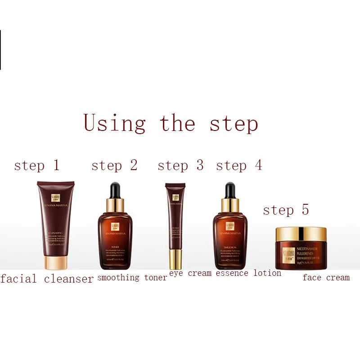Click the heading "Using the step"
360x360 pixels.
pos(171,123)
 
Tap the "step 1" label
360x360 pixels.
pos(36,166)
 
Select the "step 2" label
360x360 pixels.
pos(114,166)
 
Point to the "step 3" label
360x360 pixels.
pos(180,166)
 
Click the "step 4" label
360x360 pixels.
pos(239,166)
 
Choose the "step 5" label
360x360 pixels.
pos(286,210)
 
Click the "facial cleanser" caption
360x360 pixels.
pos(47,279)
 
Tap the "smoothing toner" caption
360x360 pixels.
pos(132,278)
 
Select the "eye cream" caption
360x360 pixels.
pos(190,273)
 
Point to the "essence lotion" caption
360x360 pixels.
pos(248,273)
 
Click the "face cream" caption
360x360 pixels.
pos(326,278)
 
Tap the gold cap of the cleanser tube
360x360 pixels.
pos(55,262)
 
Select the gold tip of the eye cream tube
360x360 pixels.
pos(175,259)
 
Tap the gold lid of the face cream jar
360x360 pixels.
pos(301,234)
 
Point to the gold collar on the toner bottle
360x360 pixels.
pos(115,205)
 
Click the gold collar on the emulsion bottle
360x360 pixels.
pos(230,205)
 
